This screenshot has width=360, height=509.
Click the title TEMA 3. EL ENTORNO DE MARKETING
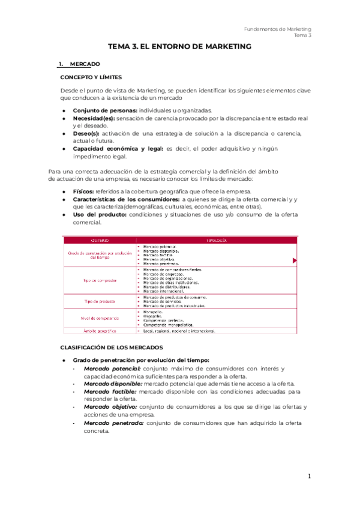tap(179, 46)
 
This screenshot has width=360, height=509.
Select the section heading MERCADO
tap(85, 64)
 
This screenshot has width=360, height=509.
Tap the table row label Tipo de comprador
tap(100, 280)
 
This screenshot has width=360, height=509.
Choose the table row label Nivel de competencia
tap(100, 318)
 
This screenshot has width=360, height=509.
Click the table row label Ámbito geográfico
tap(100, 331)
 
